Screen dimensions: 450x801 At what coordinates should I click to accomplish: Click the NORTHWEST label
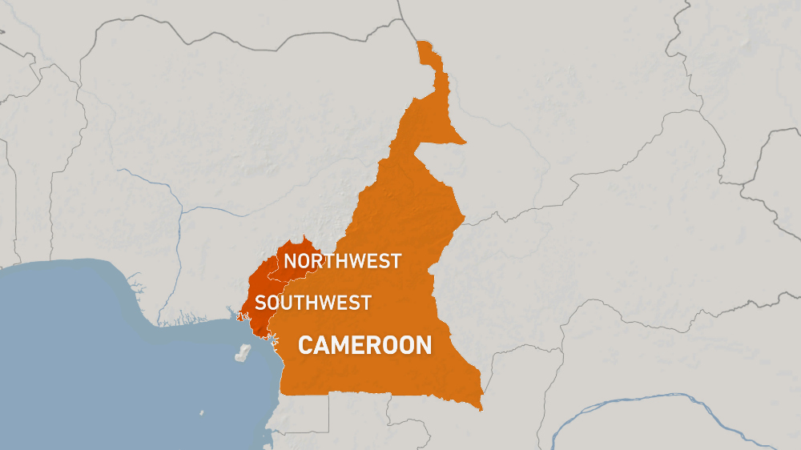click(342, 260)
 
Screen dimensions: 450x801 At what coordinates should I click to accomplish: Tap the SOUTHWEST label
click(313, 302)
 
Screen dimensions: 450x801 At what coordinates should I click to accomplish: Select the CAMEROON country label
click(364, 345)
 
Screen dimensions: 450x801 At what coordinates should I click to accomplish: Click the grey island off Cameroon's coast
click(241, 353)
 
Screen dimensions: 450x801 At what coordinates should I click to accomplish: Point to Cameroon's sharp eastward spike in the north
click(463, 143)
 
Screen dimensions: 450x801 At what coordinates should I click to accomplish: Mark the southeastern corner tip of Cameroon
click(481, 409)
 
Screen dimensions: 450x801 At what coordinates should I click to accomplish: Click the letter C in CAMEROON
click(305, 345)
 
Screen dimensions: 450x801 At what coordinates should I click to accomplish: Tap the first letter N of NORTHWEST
click(290, 260)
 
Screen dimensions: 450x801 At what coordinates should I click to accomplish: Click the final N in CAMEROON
click(424, 345)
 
